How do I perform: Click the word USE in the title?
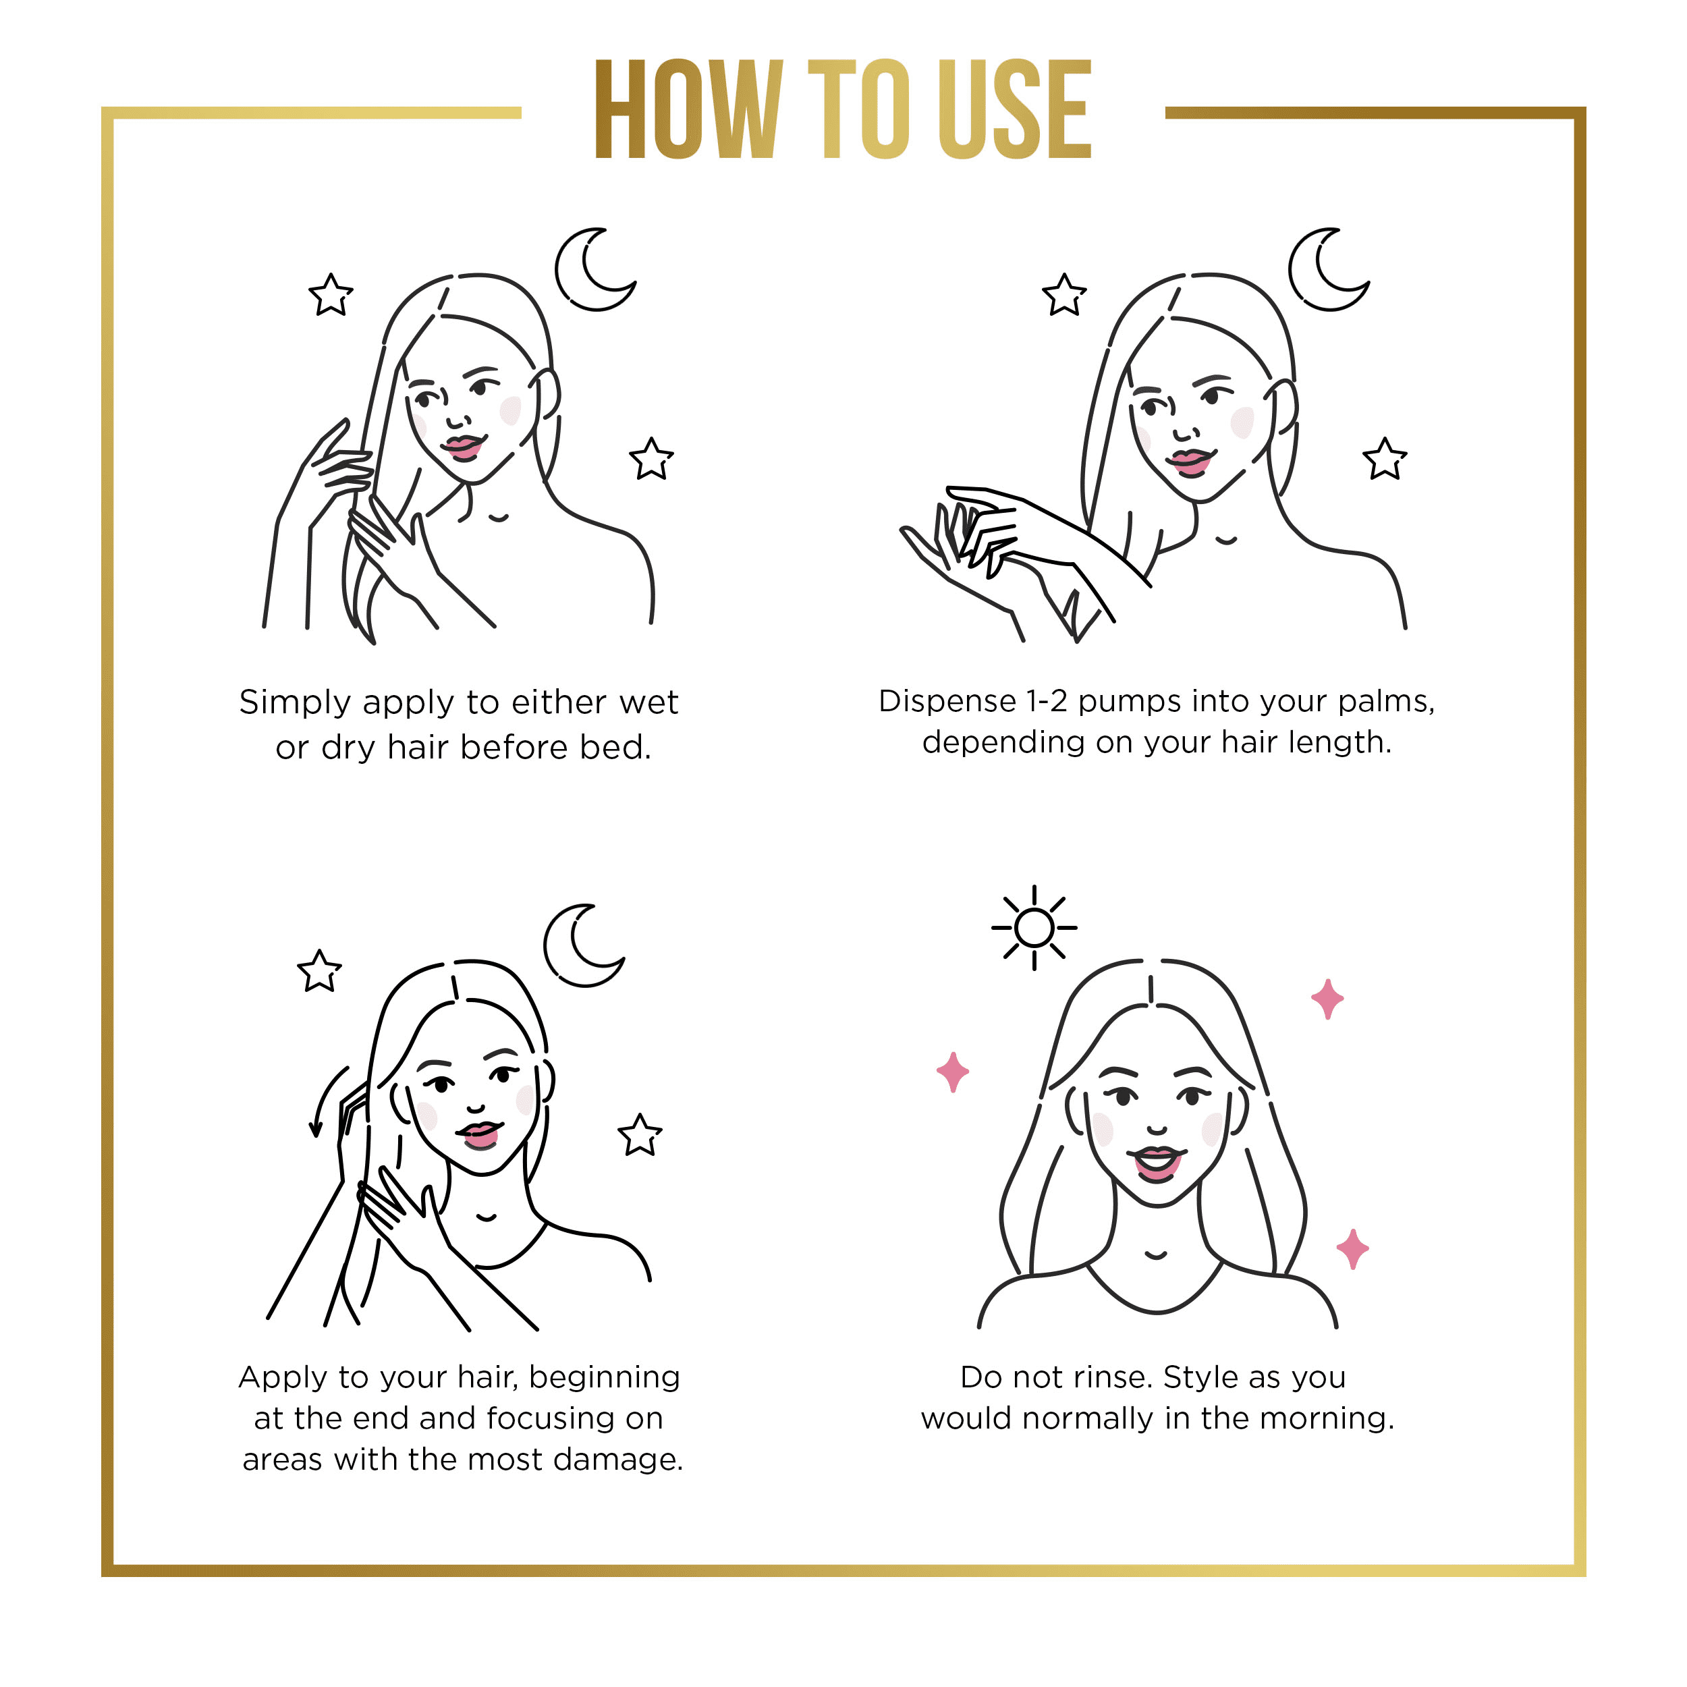tap(1015, 109)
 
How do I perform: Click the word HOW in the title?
tap(689, 109)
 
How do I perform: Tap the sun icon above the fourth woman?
tap(1034, 927)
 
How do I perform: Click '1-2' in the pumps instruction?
tap(1046, 701)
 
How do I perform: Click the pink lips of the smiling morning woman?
tap(1157, 1162)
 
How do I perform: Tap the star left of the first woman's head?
tap(331, 295)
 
